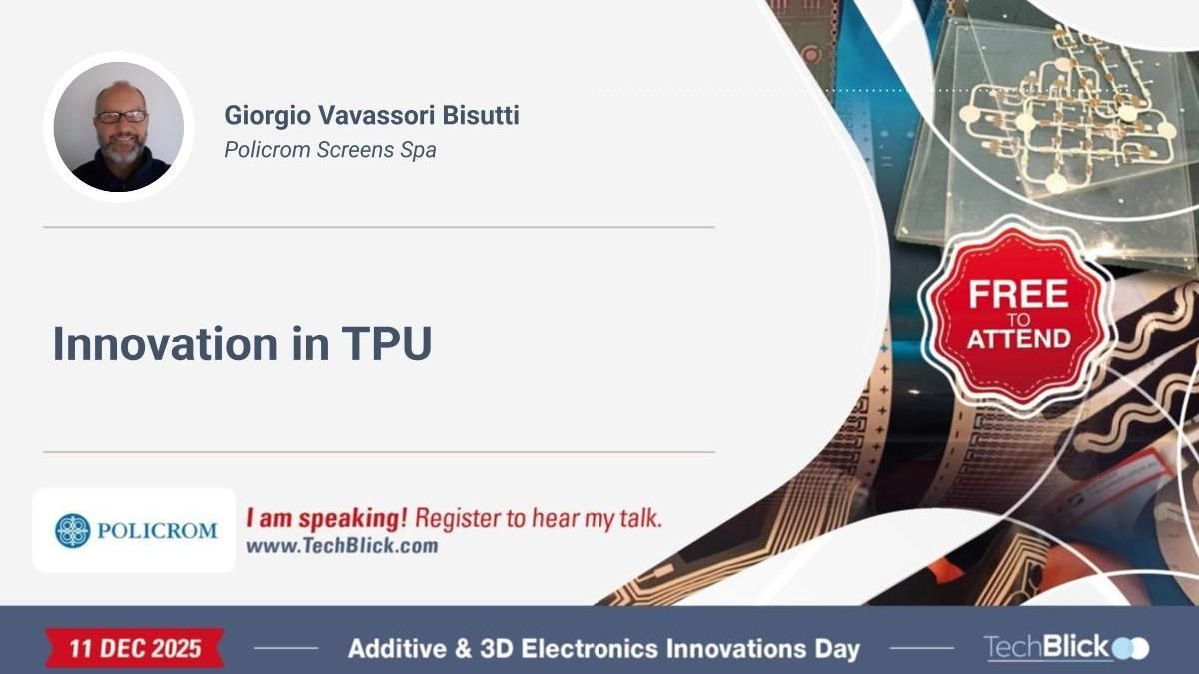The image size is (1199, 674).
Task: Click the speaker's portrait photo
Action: [119, 126]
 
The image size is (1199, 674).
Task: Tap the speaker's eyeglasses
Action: [122, 116]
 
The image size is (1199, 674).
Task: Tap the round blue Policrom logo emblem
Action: [73, 530]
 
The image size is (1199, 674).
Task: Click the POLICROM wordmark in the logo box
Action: [157, 531]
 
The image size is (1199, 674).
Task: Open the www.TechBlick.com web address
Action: [342, 546]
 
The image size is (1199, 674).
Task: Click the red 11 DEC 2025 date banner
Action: [134, 648]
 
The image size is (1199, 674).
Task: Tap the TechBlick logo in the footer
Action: [1065, 647]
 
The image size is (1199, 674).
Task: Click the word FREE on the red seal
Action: [1018, 294]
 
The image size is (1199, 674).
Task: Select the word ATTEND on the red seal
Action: [1018, 338]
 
